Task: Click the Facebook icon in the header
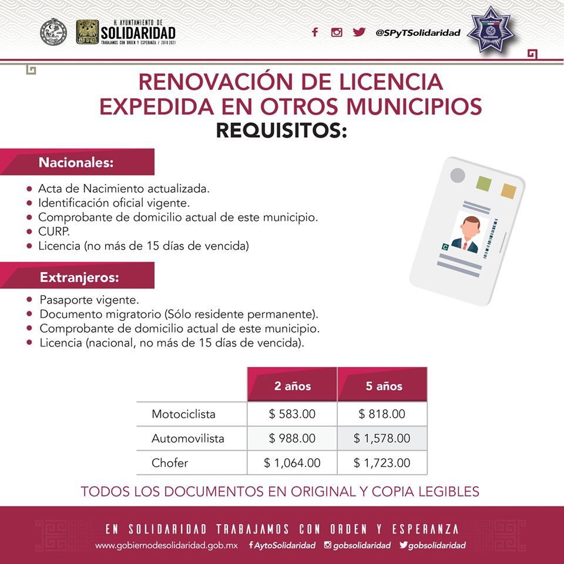click(x=315, y=32)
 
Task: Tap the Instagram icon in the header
click(x=337, y=32)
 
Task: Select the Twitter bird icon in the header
click(x=359, y=32)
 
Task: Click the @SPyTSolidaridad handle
click(x=418, y=33)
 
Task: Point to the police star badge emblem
click(x=489, y=30)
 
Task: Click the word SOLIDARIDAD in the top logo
click(x=138, y=32)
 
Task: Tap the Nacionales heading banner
click(x=77, y=162)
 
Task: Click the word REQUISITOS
click(x=281, y=130)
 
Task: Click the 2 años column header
click(x=293, y=386)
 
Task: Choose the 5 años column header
click(x=382, y=386)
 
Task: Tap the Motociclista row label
click(x=183, y=414)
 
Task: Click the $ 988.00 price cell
click(x=293, y=438)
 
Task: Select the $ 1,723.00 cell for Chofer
click(x=382, y=463)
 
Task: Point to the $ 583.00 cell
click(x=293, y=414)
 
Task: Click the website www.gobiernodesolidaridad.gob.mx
click(x=166, y=545)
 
